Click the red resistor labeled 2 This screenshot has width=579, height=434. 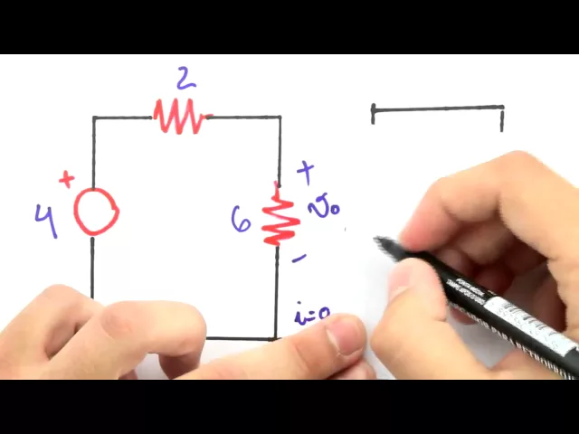click(x=180, y=117)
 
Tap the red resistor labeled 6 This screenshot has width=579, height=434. click(x=280, y=217)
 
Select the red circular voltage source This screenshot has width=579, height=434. click(x=95, y=212)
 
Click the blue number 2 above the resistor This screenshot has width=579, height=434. click(x=185, y=80)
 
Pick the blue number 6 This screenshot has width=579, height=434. click(x=241, y=219)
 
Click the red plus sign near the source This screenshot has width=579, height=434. click(x=66, y=179)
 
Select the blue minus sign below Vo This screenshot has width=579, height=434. click(x=299, y=259)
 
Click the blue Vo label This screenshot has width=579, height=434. click(x=322, y=210)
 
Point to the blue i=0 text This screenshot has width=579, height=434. click(x=311, y=316)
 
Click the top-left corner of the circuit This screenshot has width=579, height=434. click(x=93, y=118)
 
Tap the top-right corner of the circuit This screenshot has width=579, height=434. click(x=280, y=118)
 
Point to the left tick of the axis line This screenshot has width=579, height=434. click(x=374, y=113)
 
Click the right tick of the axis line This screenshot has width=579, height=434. click(x=502, y=117)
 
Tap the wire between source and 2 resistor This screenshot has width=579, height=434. click(x=122, y=118)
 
